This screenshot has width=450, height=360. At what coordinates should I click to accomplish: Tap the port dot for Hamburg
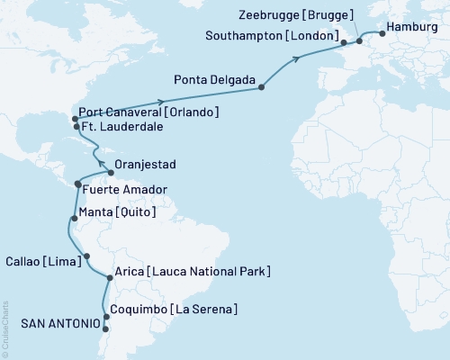[382, 34]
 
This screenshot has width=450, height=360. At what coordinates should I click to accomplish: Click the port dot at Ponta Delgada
[262, 87]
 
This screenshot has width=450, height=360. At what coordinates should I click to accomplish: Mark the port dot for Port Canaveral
[74, 119]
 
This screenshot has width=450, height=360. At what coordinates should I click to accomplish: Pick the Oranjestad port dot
[110, 172]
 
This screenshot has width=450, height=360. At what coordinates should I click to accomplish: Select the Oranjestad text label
[146, 165]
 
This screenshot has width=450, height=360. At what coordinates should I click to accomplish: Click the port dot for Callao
[86, 257]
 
